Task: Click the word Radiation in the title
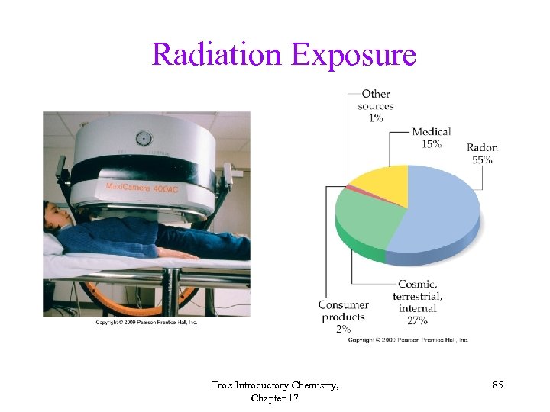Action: pyautogui.click(x=216, y=55)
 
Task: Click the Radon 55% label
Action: pyautogui.click(x=482, y=153)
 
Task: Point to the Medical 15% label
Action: pyautogui.click(x=432, y=137)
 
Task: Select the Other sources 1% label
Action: pyautogui.click(x=376, y=106)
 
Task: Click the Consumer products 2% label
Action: pyautogui.click(x=343, y=317)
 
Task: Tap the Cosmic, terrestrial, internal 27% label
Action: pyautogui.click(x=418, y=296)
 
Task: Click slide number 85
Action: pyautogui.click(x=497, y=386)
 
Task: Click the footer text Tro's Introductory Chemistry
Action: pyautogui.click(x=275, y=386)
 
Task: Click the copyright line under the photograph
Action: pyautogui.click(x=146, y=323)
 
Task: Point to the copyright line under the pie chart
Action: pyautogui.click(x=408, y=340)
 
